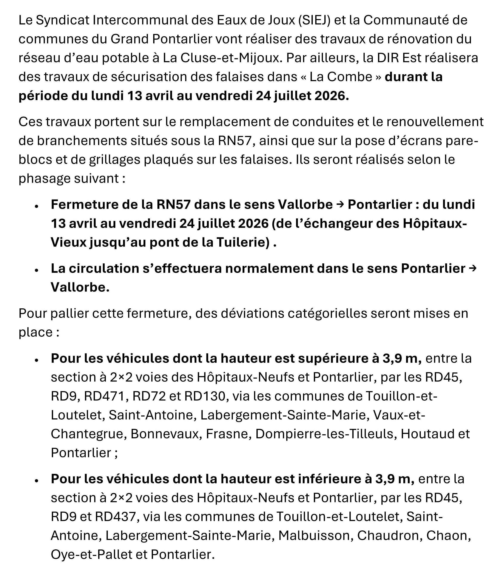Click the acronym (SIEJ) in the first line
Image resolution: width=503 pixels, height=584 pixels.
point(315,20)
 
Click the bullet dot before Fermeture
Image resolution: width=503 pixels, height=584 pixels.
point(36,206)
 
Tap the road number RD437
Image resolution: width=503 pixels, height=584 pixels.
point(116,517)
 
